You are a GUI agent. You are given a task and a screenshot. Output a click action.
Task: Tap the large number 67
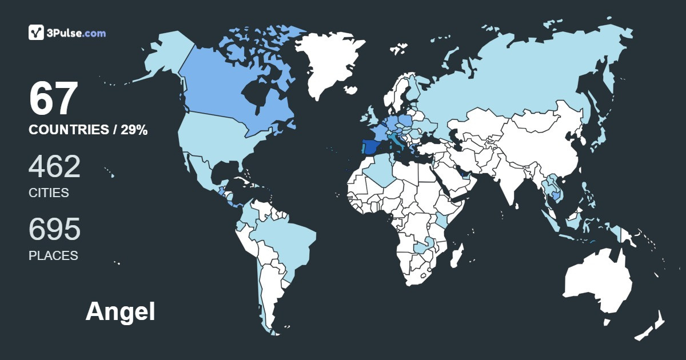tap(53, 99)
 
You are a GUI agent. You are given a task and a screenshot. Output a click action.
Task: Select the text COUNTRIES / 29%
tap(88, 130)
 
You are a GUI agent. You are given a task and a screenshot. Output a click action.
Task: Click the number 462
tap(54, 167)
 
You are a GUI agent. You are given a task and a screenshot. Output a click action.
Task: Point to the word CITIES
tap(49, 193)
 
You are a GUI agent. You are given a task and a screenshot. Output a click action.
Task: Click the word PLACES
tap(53, 256)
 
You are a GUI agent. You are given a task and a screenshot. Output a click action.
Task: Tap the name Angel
tap(120, 312)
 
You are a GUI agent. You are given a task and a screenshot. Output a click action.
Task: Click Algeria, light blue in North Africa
tap(380, 171)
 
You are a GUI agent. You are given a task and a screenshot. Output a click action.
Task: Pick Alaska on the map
tap(166, 57)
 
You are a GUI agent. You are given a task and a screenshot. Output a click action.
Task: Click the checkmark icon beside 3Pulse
tap(37, 33)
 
